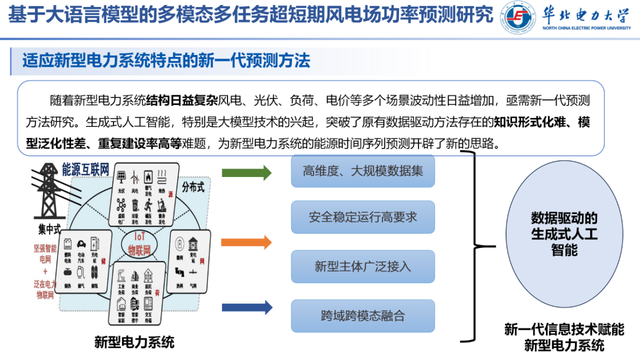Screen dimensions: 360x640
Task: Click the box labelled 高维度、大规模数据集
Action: (x=362, y=171)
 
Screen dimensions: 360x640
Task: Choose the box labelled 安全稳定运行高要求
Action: (x=362, y=217)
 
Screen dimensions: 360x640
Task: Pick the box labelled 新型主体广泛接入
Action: (x=362, y=266)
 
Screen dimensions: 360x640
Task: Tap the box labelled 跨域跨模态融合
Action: (x=362, y=316)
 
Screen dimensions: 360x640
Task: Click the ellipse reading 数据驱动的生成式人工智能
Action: (x=564, y=234)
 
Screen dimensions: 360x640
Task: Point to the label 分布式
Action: (x=193, y=188)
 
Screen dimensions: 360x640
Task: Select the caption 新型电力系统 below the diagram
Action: (x=134, y=341)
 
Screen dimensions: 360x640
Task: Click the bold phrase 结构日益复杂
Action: (x=182, y=100)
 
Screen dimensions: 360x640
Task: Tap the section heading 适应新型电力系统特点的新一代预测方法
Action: (x=166, y=60)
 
